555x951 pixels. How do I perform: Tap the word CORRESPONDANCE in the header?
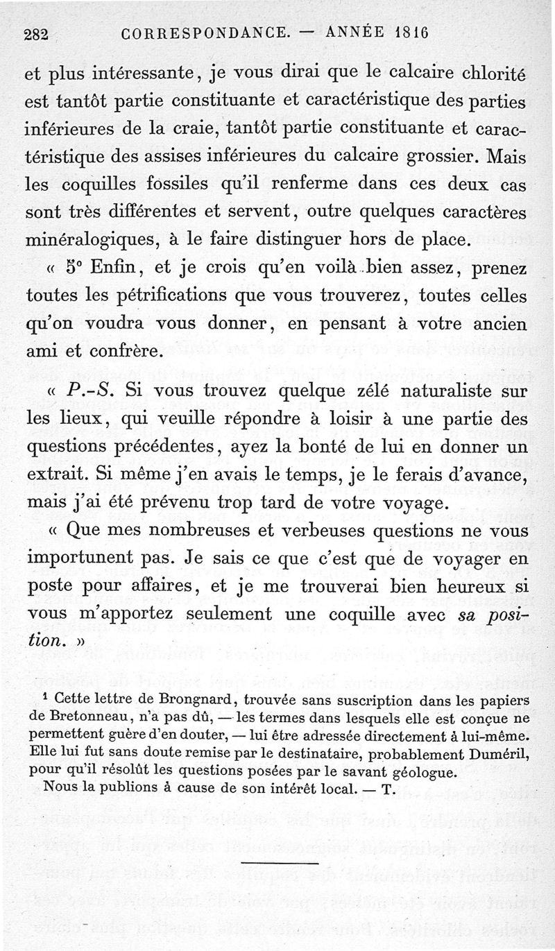click(205, 33)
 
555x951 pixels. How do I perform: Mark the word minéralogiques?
click(92, 241)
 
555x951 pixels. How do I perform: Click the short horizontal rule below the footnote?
click(280, 864)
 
